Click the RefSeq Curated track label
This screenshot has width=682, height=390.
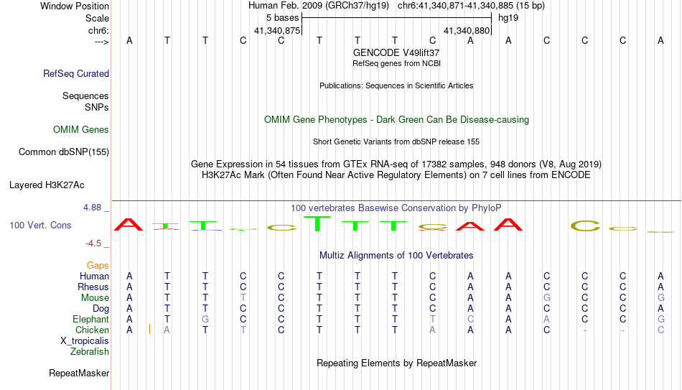pyautogui.click(x=76, y=73)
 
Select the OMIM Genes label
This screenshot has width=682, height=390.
pyautogui.click(x=81, y=130)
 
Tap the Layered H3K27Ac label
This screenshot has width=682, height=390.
pyautogui.click(x=47, y=185)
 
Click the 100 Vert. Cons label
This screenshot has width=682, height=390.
pyautogui.click(x=40, y=225)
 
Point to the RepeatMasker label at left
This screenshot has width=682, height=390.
pyautogui.click(x=79, y=373)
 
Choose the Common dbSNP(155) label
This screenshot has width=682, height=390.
pyautogui.click(x=64, y=152)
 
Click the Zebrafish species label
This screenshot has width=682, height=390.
pyautogui.click(x=90, y=351)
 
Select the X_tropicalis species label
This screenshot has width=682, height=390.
pyautogui.click(x=85, y=341)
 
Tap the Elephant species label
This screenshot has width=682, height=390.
pyautogui.click(x=90, y=319)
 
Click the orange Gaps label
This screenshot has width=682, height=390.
pyautogui.click(x=98, y=265)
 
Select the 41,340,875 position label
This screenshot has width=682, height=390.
pyautogui.click(x=277, y=30)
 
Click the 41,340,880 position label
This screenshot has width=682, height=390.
pyautogui.click(x=467, y=30)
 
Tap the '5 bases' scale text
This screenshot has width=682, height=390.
pyautogui.click(x=283, y=18)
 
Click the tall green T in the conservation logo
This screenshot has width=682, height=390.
pyautogui.click(x=317, y=223)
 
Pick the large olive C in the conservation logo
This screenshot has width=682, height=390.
pyautogui.click(x=585, y=226)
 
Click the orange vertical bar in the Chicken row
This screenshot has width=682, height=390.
pyautogui.click(x=149, y=329)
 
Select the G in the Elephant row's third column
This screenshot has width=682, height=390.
pyautogui.click(x=205, y=319)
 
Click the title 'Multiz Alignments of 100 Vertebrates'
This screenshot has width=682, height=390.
pyautogui.click(x=396, y=255)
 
